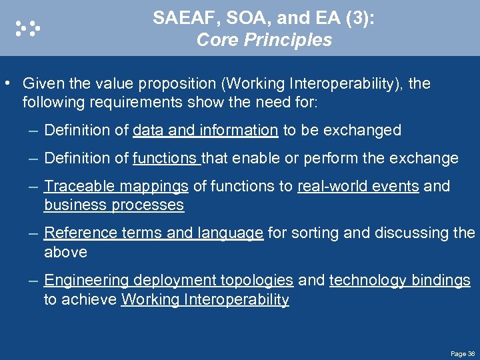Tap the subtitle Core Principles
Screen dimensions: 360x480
click(x=264, y=40)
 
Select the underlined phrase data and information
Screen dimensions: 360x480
click(x=205, y=130)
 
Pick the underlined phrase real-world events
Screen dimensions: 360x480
click(x=358, y=186)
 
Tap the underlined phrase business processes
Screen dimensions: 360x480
click(x=113, y=205)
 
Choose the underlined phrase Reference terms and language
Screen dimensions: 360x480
click(x=153, y=233)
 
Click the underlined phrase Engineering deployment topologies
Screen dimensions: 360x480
click(x=169, y=281)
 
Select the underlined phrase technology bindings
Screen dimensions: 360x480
click(x=400, y=281)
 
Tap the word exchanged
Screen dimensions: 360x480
click(x=369, y=130)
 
